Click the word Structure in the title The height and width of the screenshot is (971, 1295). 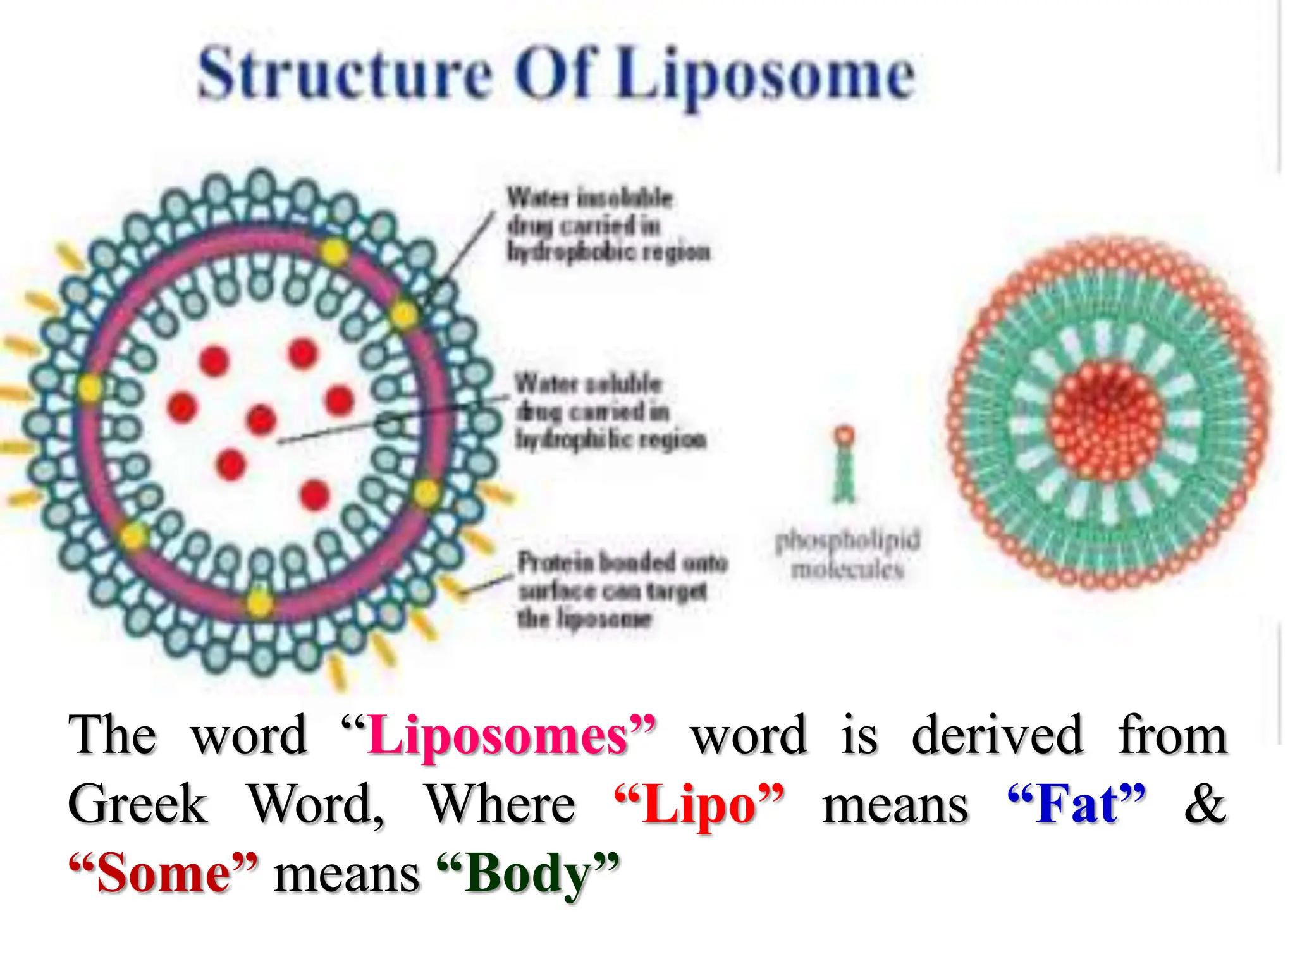point(345,74)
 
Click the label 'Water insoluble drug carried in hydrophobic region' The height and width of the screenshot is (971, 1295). point(607,225)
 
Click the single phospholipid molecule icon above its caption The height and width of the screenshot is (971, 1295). point(844,465)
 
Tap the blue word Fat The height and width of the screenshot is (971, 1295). point(1076,804)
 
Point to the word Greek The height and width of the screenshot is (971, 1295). point(138,804)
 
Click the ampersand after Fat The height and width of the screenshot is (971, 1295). point(1205,804)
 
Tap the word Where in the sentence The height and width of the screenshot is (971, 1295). point(500,804)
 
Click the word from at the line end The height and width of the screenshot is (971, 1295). point(1172,736)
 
